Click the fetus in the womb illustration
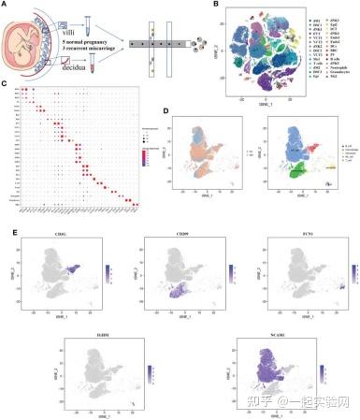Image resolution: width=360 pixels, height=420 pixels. tap(30, 43)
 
